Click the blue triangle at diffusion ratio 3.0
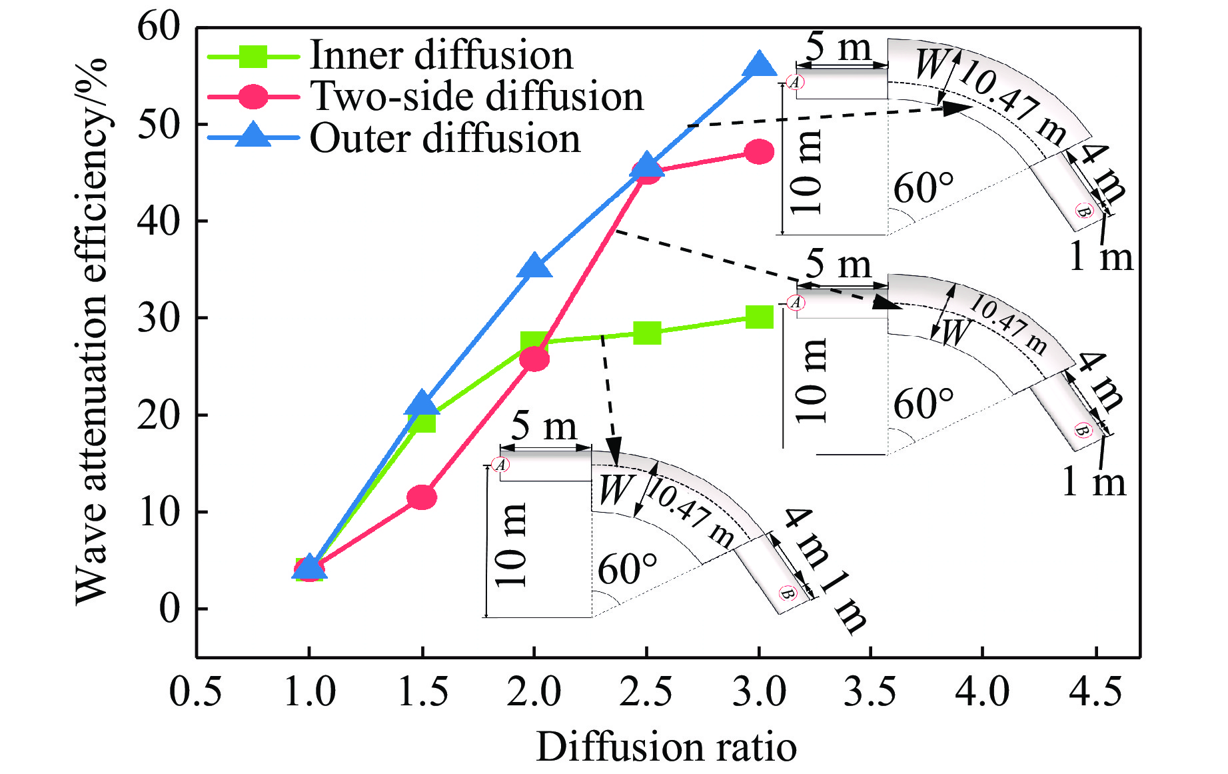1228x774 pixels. (759, 65)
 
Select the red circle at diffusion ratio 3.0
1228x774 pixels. (759, 153)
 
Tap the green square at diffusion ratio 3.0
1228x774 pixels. (759, 317)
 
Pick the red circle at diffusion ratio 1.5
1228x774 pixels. (422, 497)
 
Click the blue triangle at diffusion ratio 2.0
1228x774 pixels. (534, 267)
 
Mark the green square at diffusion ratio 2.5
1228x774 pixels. (646, 332)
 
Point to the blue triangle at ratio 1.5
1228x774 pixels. (422, 403)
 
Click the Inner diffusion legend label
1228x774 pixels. (441, 55)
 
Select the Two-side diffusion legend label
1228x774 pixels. (477, 97)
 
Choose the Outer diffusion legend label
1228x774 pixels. (445, 139)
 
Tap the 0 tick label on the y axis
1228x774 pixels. (169, 609)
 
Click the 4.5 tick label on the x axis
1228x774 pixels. (1095, 691)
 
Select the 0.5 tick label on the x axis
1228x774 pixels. (195, 691)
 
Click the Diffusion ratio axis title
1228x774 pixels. (666, 747)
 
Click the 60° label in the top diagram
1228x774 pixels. (923, 188)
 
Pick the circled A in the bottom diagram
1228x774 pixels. (500, 465)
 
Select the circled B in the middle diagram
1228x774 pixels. (1083, 430)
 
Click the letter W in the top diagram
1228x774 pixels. (930, 65)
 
